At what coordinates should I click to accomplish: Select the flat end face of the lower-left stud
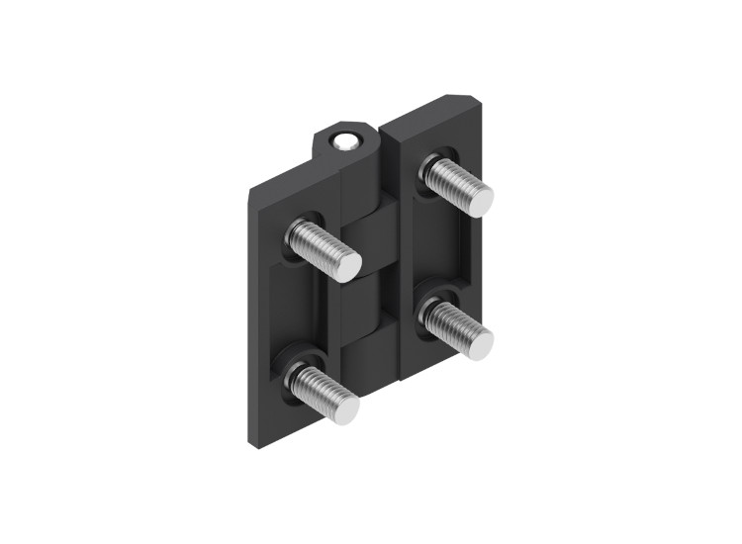pos(345,409)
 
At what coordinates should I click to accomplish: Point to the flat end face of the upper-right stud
pos(478,201)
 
